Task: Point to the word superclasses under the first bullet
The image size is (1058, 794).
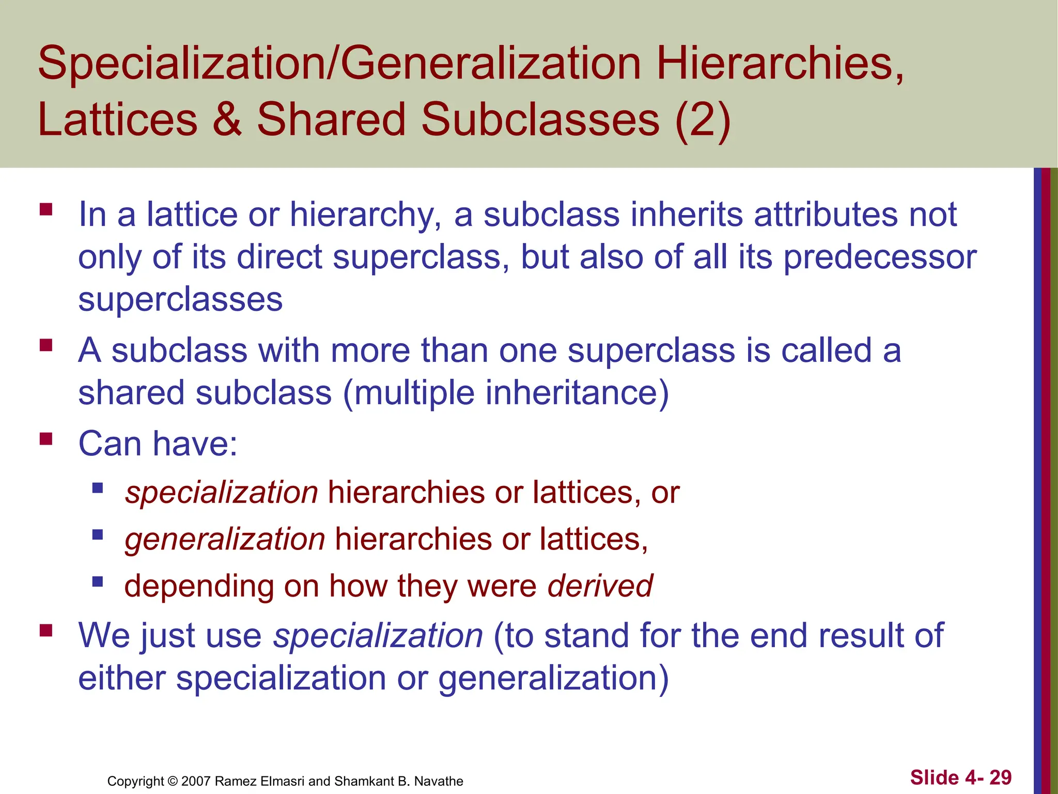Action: [180, 300]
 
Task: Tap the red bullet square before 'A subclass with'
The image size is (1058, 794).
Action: [46, 345]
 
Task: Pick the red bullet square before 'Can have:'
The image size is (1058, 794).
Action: [46, 439]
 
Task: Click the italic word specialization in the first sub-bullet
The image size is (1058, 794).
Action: [222, 492]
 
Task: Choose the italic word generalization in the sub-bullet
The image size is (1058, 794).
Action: [225, 539]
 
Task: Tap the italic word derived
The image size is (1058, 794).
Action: [600, 586]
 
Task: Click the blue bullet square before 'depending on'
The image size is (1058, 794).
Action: [98, 582]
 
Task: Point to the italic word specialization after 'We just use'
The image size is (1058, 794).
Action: [378, 635]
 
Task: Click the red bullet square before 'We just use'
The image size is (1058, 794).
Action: [46, 630]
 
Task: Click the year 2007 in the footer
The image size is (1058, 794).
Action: [196, 781]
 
